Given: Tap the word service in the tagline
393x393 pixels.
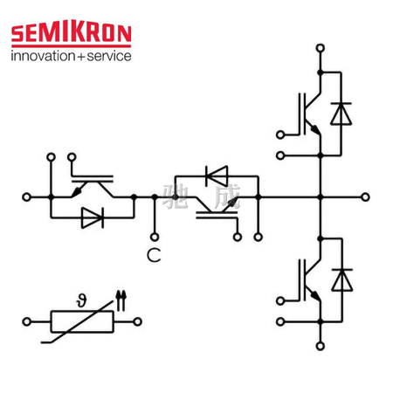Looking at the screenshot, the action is click(x=109, y=56).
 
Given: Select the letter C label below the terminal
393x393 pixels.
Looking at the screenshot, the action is click(x=154, y=255).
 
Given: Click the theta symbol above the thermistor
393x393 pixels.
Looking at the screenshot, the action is click(x=82, y=300).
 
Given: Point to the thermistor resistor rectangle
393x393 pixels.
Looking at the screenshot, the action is click(x=82, y=321).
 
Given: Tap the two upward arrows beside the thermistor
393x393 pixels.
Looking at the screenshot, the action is click(x=121, y=300).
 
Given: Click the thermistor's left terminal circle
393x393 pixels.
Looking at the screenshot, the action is click(x=27, y=321).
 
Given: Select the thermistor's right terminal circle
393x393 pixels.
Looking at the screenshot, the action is click(x=137, y=321).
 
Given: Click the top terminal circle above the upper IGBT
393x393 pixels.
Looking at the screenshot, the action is click(x=321, y=48).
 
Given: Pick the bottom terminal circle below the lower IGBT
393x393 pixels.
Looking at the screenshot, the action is click(x=321, y=346).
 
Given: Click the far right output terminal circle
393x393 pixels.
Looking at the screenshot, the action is click(x=365, y=197).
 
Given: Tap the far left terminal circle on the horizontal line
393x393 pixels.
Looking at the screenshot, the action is click(x=26, y=197).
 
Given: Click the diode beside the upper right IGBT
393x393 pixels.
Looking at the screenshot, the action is click(x=341, y=114).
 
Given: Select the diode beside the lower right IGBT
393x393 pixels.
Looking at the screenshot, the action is click(x=342, y=280).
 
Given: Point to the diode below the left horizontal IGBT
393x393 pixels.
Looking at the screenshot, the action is click(x=93, y=217).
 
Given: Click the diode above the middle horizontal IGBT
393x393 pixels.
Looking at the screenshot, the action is click(x=217, y=176).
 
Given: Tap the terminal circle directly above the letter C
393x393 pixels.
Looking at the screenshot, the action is click(x=155, y=237).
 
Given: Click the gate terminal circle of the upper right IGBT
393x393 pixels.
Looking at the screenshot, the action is click(x=280, y=134).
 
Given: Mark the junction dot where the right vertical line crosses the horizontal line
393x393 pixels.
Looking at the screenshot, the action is click(x=321, y=197).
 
